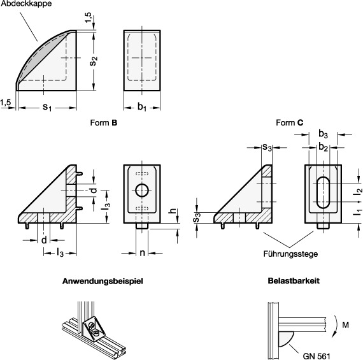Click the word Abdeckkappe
point(26,4)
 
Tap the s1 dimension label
point(47,107)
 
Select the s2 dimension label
point(94,61)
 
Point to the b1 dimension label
point(142,107)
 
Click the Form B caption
point(104,122)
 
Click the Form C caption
point(289,122)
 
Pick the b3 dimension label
point(323,134)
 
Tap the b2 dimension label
point(323,147)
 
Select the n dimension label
point(142,253)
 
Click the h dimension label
point(173,211)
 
